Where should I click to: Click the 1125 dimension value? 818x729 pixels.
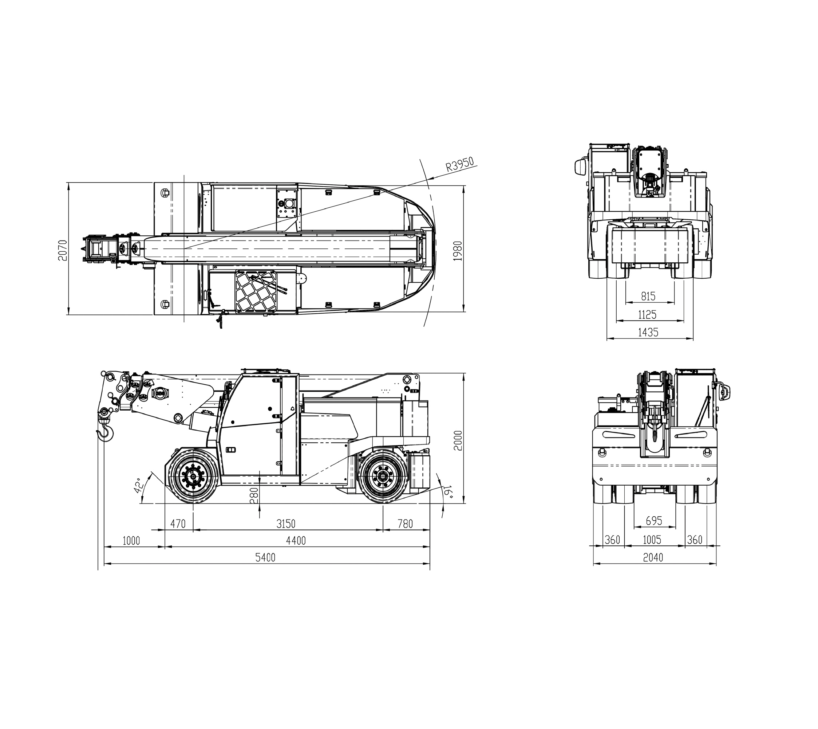pos(648,314)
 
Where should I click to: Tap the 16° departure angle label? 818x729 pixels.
pos(448,492)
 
